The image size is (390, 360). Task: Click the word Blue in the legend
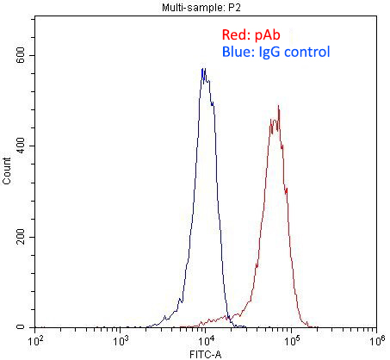(236, 53)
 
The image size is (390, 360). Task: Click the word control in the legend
(307, 53)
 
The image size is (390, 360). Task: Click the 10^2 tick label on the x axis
(36, 340)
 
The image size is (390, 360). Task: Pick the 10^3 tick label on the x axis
(121, 340)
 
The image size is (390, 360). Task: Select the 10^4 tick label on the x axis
(206, 340)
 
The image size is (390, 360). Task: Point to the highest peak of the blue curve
(203, 70)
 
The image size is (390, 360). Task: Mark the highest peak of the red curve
(278, 107)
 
